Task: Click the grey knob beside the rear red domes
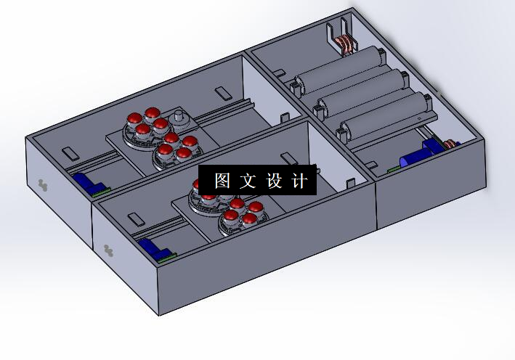click(179, 118)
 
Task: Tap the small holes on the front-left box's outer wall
click(109, 250)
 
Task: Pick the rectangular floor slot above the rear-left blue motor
click(69, 153)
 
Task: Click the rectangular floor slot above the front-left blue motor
click(135, 218)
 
